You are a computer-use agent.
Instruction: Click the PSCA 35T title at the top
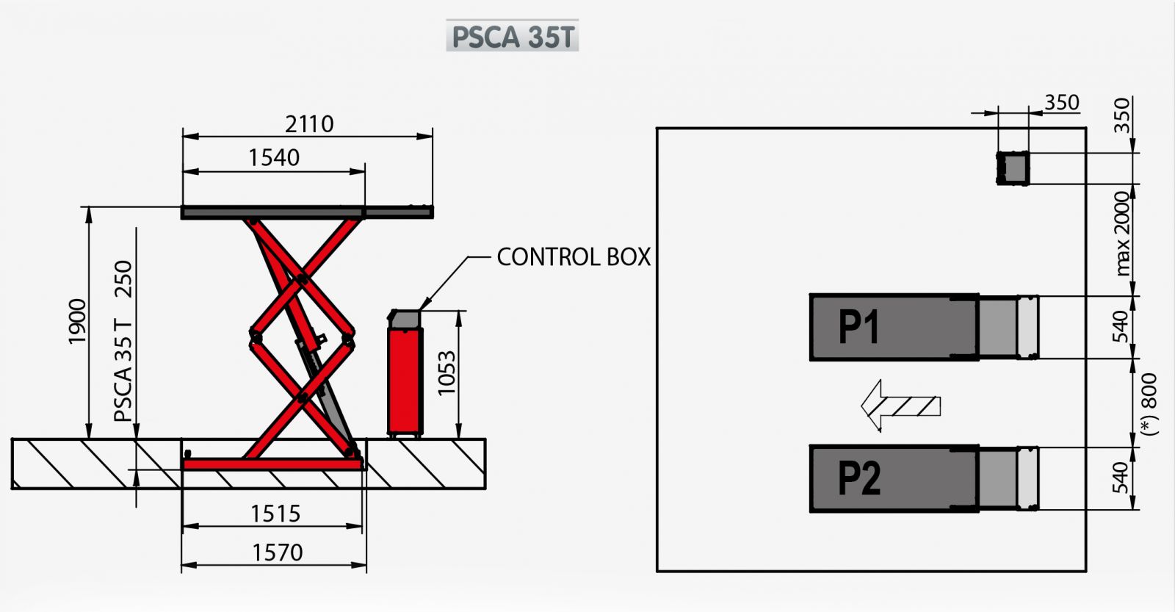pos(513,36)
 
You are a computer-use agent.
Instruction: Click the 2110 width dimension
pos(309,123)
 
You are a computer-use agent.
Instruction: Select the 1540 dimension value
pos(274,157)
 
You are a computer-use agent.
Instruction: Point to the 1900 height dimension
pos(77,321)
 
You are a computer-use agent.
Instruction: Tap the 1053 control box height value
pos(446,373)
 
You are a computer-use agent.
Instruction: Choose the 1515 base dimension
pos(275,514)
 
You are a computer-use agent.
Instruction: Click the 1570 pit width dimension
pos(277,552)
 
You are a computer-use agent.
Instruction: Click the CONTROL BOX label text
pos(574,257)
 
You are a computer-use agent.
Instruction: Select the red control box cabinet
pos(405,379)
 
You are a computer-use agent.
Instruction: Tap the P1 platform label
pos(858,327)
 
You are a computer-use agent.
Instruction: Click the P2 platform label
pos(858,478)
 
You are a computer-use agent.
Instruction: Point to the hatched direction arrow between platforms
pos(900,405)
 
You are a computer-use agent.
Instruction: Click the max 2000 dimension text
pos(1122,234)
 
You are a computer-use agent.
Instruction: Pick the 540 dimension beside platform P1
pos(1120,326)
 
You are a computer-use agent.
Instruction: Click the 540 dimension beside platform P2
pos(1120,478)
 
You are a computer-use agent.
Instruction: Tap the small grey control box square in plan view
pos(1013,168)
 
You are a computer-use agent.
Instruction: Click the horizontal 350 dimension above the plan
pos(1061,102)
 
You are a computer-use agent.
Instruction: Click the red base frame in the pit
pos(272,464)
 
